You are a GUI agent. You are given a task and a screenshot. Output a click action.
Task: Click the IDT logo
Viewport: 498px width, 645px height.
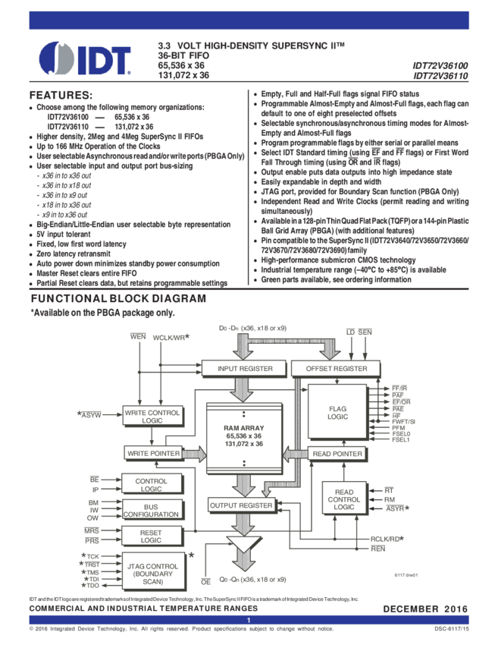click(x=85, y=58)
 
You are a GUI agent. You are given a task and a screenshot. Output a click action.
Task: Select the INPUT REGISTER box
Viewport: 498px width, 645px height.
click(x=243, y=369)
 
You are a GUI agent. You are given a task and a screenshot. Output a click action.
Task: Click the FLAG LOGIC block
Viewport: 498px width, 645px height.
click(x=337, y=412)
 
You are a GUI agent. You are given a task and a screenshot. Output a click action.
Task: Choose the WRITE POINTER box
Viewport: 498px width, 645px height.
click(x=153, y=453)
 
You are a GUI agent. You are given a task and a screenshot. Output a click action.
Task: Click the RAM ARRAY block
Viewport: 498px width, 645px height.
click(x=243, y=436)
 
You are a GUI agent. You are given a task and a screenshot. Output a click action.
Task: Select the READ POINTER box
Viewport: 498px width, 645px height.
click(x=337, y=453)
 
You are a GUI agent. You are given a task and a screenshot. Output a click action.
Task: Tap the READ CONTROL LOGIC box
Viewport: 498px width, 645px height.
click(x=343, y=500)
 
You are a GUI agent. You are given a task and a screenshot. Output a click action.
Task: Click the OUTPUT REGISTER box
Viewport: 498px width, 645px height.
click(x=241, y=505)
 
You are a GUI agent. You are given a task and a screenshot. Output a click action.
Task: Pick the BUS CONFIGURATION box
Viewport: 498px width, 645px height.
click(x=151, y=509)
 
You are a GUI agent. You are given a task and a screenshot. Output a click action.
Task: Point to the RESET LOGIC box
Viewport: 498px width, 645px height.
click(x=151, y=537)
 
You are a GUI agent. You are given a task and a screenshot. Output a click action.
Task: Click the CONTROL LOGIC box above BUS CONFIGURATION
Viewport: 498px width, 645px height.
click(x=151, y=485)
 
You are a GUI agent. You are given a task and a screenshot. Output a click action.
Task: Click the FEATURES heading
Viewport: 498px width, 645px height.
click(x=60, y=96)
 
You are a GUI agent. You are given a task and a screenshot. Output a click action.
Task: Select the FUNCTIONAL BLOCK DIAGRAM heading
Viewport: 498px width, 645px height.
click(x=117, y=299)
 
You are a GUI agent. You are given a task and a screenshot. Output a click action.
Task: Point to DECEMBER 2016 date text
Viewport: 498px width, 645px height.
click(x=424, y=609)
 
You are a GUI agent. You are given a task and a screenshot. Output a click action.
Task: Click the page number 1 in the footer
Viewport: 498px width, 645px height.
click(x=249, y=621)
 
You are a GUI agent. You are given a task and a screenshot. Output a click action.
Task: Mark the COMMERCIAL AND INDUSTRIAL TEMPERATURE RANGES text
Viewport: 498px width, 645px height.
click(x=143, y=609)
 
